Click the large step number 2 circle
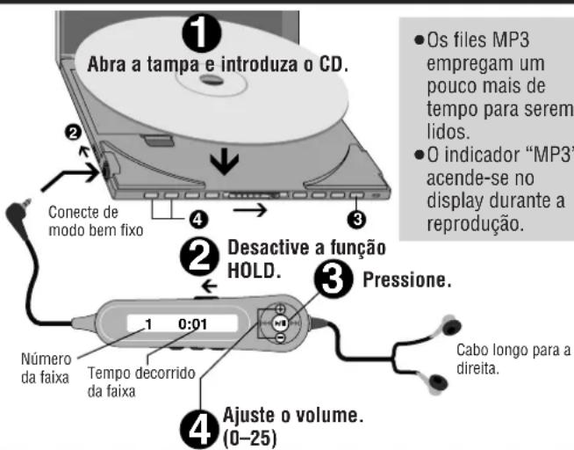201,255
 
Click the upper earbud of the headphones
448,321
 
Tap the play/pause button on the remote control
279,323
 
